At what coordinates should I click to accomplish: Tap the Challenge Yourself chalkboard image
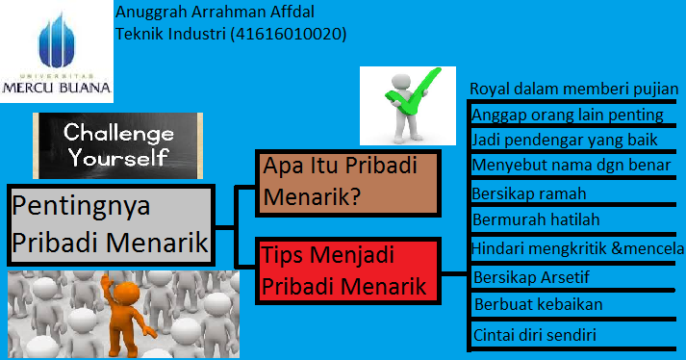116,143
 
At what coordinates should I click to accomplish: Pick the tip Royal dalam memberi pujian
574,89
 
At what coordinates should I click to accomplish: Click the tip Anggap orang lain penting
568,115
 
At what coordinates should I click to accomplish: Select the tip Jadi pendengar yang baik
565,140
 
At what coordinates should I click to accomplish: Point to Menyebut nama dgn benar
566,165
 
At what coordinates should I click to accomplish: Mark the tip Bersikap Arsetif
532,277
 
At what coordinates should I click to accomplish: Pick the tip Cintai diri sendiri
536,335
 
